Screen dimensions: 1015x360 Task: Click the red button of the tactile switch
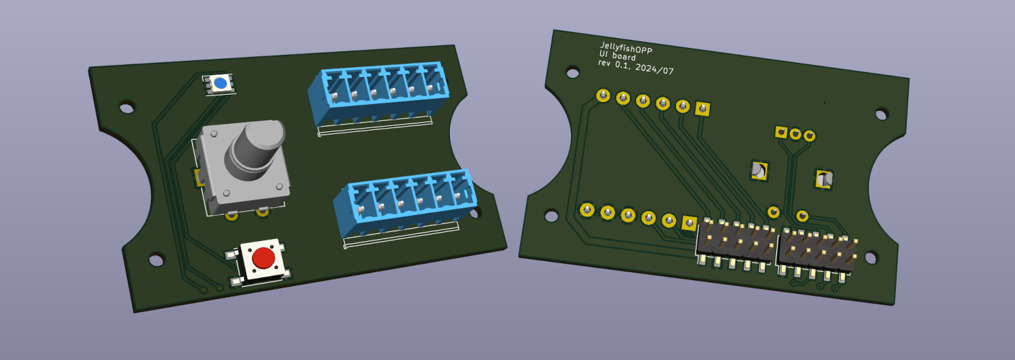pyautogui.click(x=264, y=258)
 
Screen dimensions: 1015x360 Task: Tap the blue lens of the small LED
pyautogui.click(x=221, y=83)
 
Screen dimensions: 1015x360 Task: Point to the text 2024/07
pyautogui.click(x=654, y=69)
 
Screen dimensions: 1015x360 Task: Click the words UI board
pyautogui.click(x=617, y=55)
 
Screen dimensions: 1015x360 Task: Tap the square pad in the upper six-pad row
pyautogui.click(x=703, y=109)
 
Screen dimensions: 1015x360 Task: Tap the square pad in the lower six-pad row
pyautogui.click(x=690, y=223)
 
